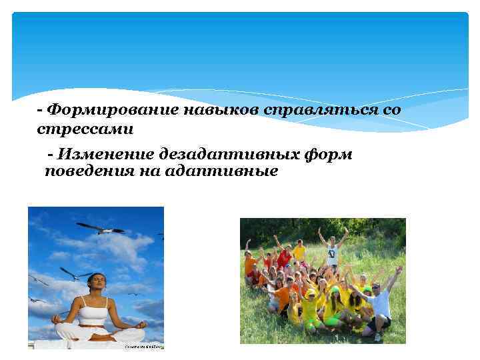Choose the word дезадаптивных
pyautogui.click(x=225, y=155)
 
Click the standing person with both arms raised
pyautogui.click(x=331, y=249)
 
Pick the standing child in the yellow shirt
pyautogui.click(x=299, y=251)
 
